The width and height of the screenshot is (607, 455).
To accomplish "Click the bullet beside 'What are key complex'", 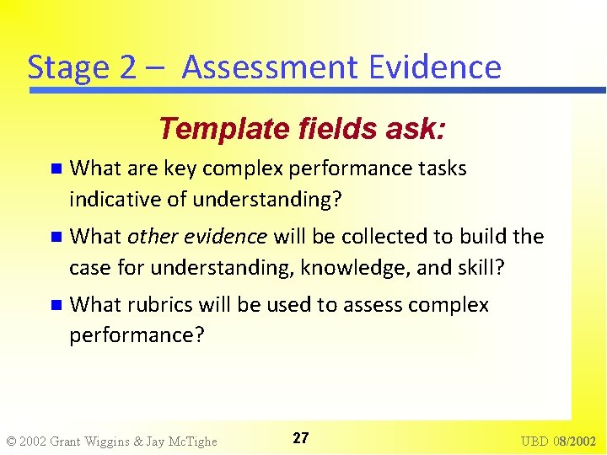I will (56, 169).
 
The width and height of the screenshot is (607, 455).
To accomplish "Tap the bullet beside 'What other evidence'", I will (56, 237).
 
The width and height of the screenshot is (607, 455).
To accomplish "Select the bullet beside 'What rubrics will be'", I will (56, 305).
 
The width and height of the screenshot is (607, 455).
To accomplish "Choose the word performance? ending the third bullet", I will (137, 335).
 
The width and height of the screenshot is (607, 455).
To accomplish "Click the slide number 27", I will (301, 438).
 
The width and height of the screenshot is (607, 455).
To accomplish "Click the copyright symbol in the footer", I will (11, 441).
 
